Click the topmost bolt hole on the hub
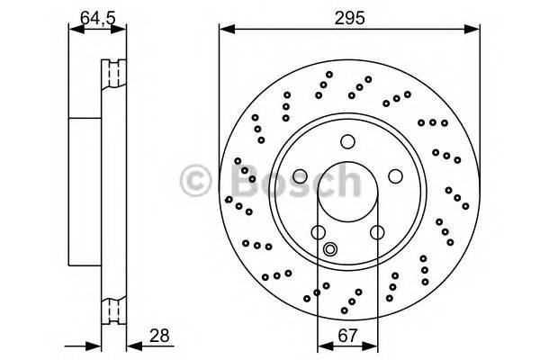(x=347, y=140)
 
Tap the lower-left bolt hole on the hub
(x=318, y=232)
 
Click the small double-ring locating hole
(x=329, y=251)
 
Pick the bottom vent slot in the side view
(x=114, y=310)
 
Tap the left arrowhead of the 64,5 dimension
(x=75, y=29)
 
